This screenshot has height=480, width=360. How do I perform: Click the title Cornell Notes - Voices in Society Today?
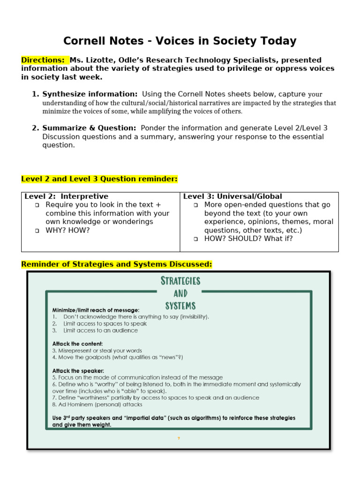pos(180,41)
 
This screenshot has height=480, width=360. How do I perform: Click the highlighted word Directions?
pos(43,60)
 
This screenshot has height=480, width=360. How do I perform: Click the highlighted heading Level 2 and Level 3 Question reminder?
pos(99,179)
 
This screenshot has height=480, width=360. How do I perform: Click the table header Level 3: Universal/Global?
pos(232,196)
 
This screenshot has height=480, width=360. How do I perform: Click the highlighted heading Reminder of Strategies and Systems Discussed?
pos(117,264)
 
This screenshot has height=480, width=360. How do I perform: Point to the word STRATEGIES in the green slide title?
pos(180,281)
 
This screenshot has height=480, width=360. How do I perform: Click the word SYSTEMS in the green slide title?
pos(180,306)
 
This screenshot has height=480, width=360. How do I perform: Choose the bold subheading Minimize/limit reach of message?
pos(96,310)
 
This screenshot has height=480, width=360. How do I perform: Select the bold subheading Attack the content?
pos(77,344)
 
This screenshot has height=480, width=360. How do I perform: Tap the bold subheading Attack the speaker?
pos(78,371)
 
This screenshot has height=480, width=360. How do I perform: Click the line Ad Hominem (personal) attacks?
pos(97,404)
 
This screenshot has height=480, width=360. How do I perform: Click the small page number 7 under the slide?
pos(179,438)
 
